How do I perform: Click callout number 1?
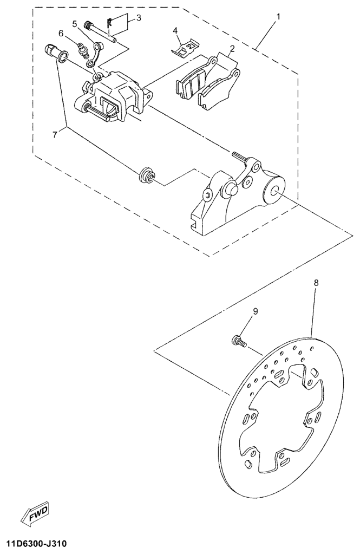278,16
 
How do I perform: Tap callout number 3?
139,18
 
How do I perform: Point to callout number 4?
175,31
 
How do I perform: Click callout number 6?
61,34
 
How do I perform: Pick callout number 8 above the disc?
316,282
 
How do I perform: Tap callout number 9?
256,311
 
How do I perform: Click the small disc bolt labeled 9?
238,341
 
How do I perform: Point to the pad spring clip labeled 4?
185,50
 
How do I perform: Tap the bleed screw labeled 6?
83,53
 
